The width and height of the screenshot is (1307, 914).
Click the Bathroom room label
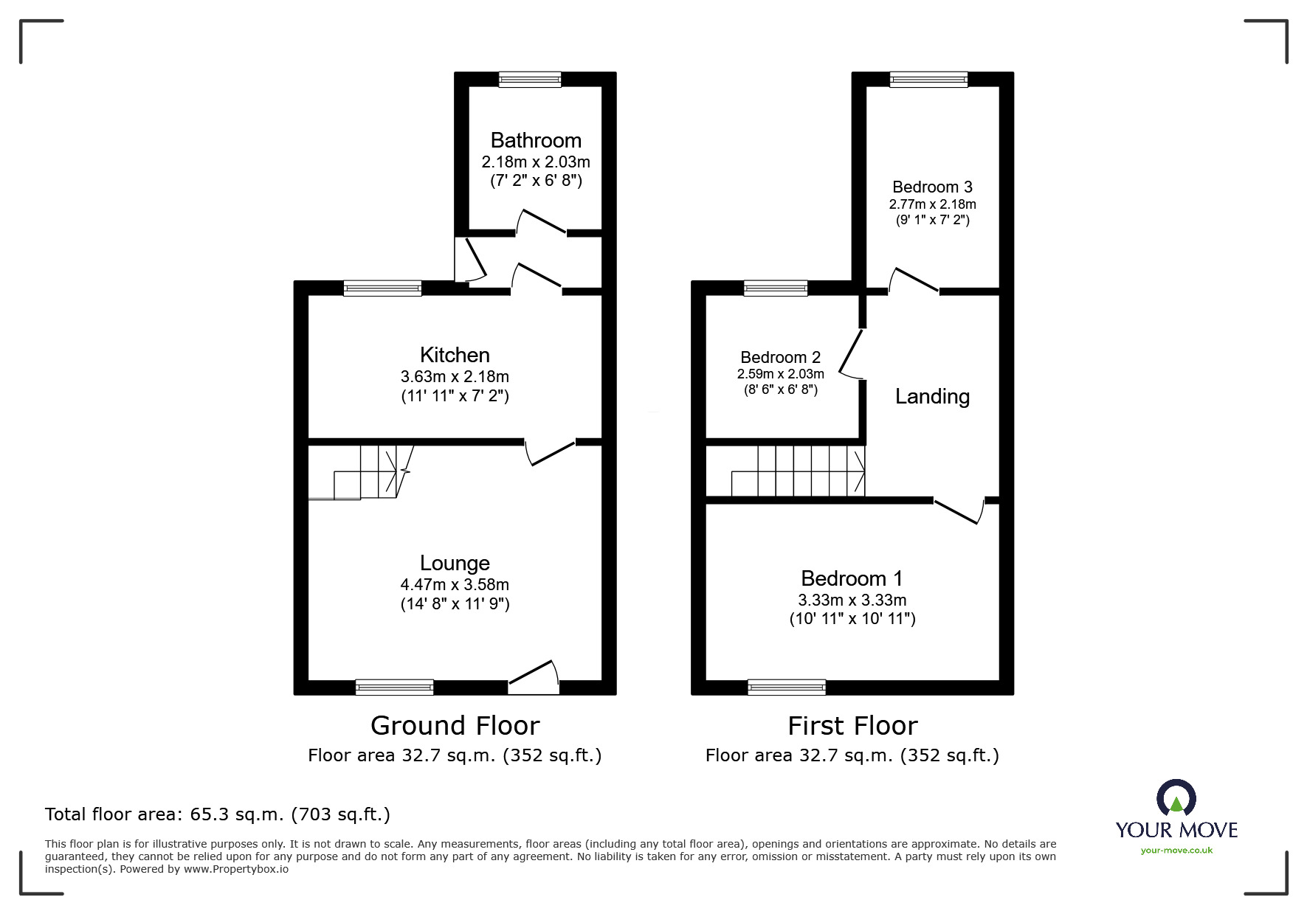536,140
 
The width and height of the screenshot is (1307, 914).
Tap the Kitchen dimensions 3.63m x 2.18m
455,376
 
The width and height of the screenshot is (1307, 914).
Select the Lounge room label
455,563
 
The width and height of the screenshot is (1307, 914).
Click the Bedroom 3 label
932,187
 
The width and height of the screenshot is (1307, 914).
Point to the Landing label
932,396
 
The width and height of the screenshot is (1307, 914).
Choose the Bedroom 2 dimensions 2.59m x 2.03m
780,374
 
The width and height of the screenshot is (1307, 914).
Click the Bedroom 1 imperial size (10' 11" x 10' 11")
852,619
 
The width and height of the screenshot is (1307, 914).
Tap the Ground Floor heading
455,726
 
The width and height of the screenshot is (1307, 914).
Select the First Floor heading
852,726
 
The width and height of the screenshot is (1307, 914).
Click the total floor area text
218,814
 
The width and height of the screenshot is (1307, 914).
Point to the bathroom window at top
530,79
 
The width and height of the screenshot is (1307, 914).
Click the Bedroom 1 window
786,688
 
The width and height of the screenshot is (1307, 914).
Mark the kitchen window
382,288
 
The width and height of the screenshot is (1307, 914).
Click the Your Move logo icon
1176,798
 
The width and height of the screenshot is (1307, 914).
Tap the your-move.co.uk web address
1176,851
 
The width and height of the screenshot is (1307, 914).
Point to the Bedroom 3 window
928,79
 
